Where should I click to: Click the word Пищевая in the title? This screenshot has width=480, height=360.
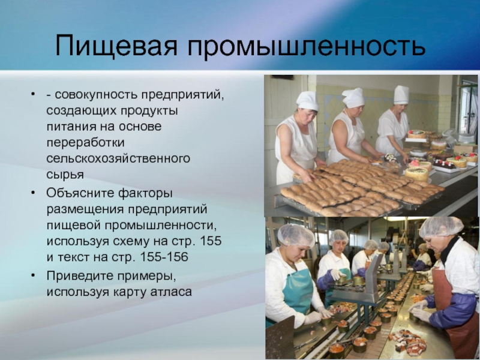point(116,46)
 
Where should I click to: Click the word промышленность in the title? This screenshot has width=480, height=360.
point(307,46)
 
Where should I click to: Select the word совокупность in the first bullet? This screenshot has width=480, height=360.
point(97,95)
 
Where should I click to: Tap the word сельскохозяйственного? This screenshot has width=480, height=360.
point(118,158)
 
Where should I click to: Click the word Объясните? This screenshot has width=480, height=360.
point(79,193)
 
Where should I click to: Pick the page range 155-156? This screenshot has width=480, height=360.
point(164,257)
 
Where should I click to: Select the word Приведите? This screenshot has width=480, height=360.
point(79,276)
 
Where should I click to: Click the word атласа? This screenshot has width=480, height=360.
point(171,292)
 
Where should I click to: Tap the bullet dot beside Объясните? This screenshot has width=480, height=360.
point(33,193)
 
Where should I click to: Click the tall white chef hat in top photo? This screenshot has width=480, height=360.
point(401,95)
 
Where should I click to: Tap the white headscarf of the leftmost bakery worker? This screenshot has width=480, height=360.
point(307,101)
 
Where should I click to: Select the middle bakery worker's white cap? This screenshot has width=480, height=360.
point(353,98)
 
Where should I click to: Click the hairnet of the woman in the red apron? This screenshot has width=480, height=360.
point(441,227)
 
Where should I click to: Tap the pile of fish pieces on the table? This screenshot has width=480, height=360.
point(408,341)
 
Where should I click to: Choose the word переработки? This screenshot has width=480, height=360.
point(85,143)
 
